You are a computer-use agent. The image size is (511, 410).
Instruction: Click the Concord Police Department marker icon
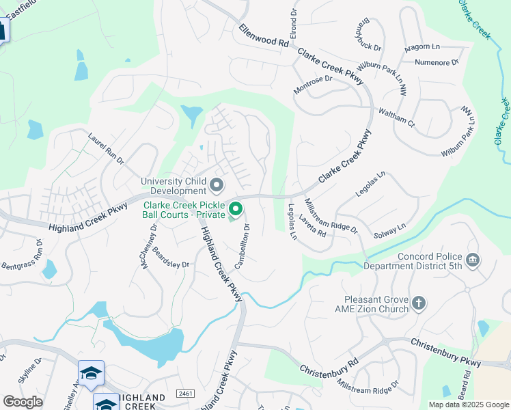472,260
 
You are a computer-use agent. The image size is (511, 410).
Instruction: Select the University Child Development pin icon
217,185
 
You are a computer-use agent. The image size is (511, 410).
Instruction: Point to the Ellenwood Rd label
264,36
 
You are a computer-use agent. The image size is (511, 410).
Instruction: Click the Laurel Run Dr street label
106,149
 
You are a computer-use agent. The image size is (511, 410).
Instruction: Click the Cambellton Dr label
243,246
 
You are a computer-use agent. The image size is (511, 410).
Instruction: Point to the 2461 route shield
184,394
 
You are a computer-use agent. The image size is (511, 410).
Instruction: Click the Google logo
23,402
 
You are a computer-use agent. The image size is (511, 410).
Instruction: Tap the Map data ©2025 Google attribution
467,405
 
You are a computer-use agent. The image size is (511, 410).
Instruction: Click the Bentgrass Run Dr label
21,254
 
